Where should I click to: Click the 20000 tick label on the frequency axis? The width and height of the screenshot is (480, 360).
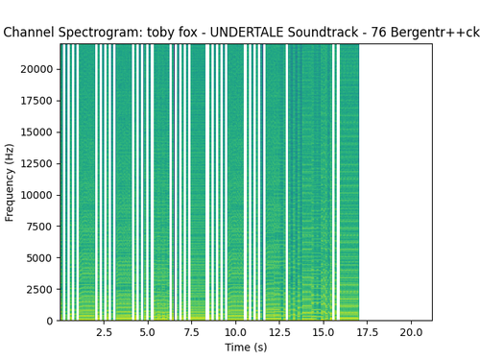(36, 69)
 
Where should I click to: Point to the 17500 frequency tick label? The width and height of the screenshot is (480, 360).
(36, 101)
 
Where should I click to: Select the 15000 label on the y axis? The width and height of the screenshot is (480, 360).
(36, 132)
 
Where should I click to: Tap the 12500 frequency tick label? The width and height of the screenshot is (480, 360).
(36, 163)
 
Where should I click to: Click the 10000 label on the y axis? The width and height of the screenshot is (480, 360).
(36, 195)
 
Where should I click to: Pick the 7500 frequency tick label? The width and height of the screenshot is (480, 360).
(39, 227)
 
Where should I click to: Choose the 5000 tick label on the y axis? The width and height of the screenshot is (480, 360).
(39, 258)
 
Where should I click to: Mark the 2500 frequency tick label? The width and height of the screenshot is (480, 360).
(39, 289)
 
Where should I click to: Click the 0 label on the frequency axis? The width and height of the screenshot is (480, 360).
(50, 321)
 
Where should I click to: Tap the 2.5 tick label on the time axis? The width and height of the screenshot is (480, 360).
(104, 332)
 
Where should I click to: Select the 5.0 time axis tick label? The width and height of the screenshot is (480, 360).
(148, 332)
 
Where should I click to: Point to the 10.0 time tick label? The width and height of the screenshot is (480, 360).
(235, 332)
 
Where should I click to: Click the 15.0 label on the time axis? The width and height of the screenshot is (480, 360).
(324, 332)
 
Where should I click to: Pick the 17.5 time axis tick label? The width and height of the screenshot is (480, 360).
(367, 332)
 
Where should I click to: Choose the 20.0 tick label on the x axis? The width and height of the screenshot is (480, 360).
(411, 332)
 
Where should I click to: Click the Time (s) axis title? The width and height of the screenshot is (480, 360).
(246, 348)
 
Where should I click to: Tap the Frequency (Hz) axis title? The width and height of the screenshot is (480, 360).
(10, 182)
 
